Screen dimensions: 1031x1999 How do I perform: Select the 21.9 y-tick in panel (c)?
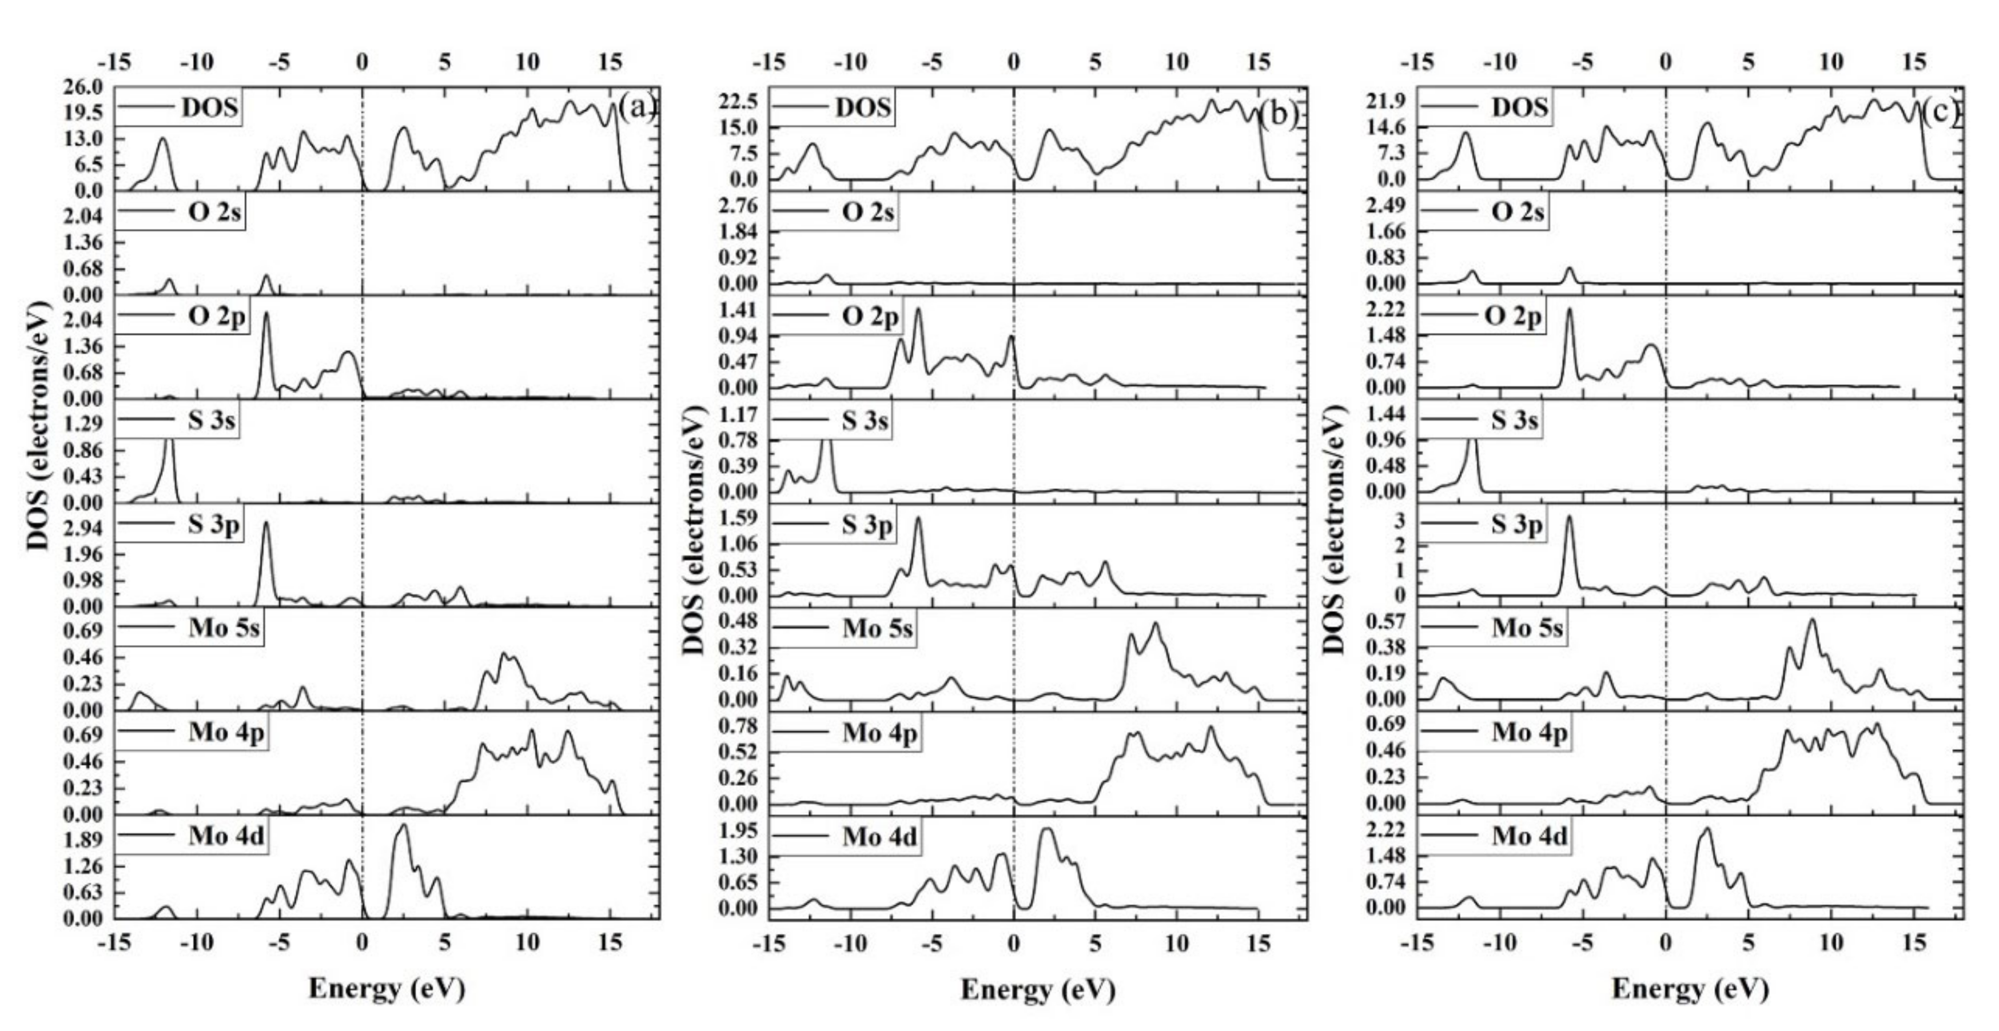1389,102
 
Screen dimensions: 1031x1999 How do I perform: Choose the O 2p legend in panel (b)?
870,317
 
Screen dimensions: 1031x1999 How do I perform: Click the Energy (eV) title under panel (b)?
1037,989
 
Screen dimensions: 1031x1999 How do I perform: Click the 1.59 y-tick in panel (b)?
738,517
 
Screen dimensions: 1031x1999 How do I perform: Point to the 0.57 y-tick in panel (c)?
1389,621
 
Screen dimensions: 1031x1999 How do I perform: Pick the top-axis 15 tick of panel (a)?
611,62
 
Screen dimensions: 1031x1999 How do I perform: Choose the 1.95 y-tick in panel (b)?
738,831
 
